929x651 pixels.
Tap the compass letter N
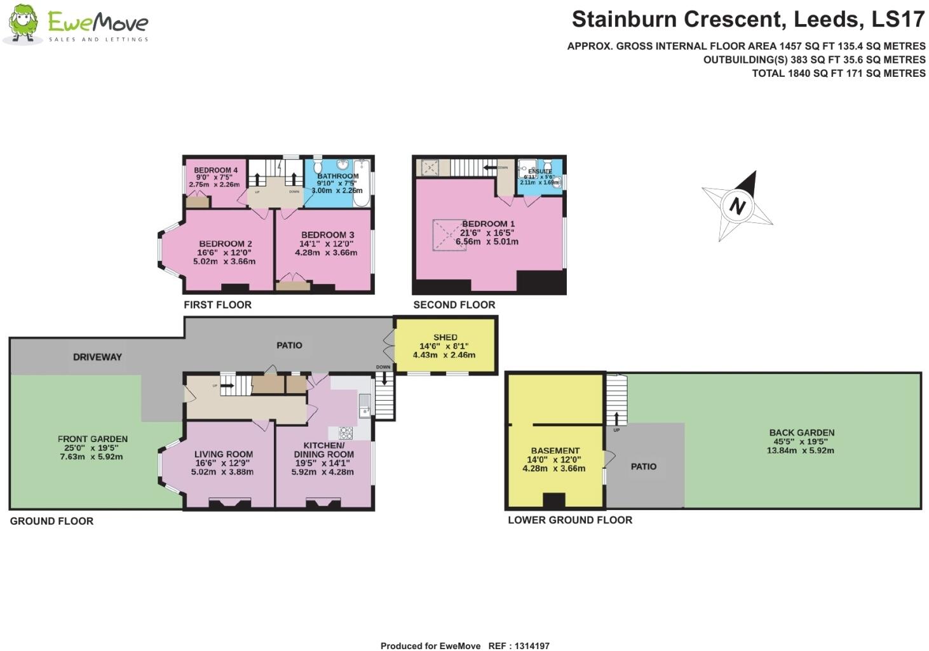point(737,205)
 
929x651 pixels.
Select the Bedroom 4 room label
point(215,170)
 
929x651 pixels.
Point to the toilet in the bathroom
point(318,164)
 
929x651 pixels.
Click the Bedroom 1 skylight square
point(449,235)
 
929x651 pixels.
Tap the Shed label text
point(445,337)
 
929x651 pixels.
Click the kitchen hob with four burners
point(346,433)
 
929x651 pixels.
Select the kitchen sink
point(364,405)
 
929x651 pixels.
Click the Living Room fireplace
point(229,504)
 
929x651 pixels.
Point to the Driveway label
point(97,357)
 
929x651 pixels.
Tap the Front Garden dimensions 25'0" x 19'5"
point(93,448)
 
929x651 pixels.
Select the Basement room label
point(555,450)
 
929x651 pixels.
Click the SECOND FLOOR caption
point(454,305)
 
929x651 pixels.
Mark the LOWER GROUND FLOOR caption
point(569,520)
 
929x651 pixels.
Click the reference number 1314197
point(528,646)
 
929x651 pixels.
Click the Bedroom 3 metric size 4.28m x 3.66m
point(326,252)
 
